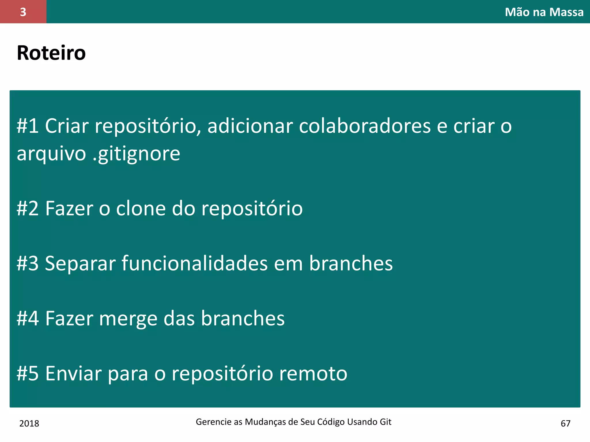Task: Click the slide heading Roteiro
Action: pyautogui.click(x=51, y=53)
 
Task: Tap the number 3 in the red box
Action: pyautogui.click(x=23, y=12)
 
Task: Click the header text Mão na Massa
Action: pyautogui.click(x=544, y=12)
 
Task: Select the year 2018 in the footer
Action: pyautogui.click(x=29, y=423)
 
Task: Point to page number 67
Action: pyautogui.click(x=565, y=423)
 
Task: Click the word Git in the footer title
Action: pyautogui.click(x=385, y=422)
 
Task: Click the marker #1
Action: pyautogui.click(x=28, y=126)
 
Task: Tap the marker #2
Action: pyautogui.click(x=28, y=208)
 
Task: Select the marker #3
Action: pyautogui.click(x=28, y=263)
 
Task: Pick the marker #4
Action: pyautogui.click(x=28, y=318)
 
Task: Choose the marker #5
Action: pyautogui.click(x=28, y=373)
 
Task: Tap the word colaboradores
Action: pyautogui.click(x=365, y=126)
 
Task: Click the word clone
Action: pyautogui.click(x=141, y=208)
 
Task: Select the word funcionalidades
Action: pyautogui.click(x=195, y=263)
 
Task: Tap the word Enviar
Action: pyautogui.click(x=73, y=373)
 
